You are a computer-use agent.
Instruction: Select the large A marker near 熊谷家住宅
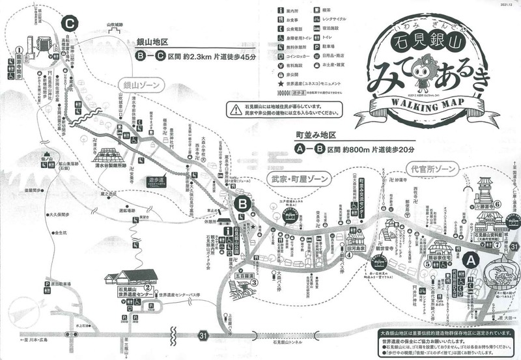[x=472, y=259]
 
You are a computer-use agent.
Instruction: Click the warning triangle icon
[x=234, y=108]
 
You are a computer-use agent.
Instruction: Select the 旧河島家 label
[x=356, y=249]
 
